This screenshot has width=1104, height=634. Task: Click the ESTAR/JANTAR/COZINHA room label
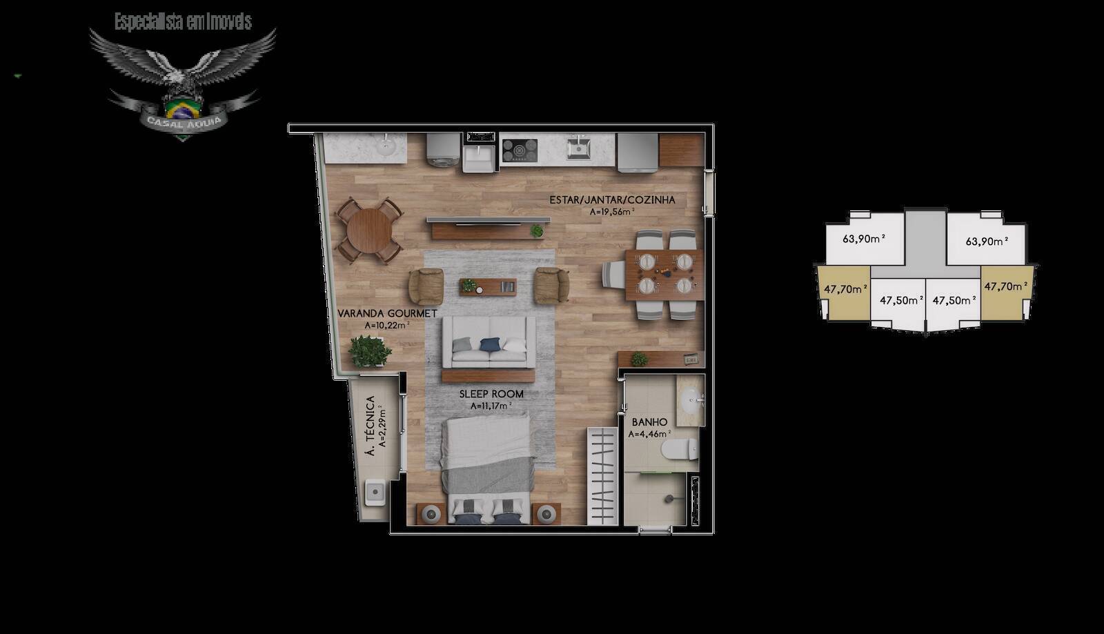[612, 200]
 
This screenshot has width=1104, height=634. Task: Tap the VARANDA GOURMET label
[387, 313]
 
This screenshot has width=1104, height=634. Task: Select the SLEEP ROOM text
[491, 394]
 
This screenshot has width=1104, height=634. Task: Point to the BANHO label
[649, 422]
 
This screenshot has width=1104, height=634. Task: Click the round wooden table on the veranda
[369, 230]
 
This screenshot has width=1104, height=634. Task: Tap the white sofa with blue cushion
[489, 342]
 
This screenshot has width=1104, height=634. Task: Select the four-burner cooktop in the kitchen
[519, 149]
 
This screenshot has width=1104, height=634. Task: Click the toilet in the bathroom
[679, 450]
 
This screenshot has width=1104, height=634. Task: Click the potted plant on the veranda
[368, 350]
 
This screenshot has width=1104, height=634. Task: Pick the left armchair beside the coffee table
[426, 286]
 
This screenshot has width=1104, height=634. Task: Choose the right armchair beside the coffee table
[551, 286]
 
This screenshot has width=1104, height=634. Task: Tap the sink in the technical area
[375, 492]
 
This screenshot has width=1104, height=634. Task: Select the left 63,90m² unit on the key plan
[864, 239]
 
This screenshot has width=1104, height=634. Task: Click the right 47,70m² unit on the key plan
[1003, 286]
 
